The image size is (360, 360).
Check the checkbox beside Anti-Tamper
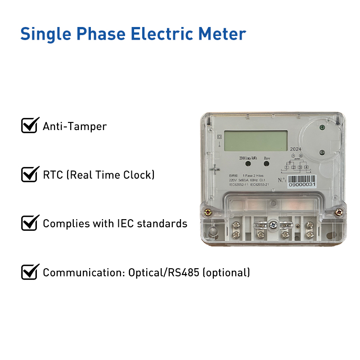(29, 126)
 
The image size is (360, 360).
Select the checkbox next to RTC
(29, 174)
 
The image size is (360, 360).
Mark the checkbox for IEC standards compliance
(29, 223)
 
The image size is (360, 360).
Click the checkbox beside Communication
(29, 272)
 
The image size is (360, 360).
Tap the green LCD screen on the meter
(256, 140)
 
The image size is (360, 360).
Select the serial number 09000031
(302, 184)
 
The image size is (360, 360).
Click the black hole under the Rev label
(267, 165)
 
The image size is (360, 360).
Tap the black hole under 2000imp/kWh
(243, 165)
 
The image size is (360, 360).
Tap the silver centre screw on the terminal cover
(273, 224)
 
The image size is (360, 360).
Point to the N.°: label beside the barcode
(282, 180)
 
